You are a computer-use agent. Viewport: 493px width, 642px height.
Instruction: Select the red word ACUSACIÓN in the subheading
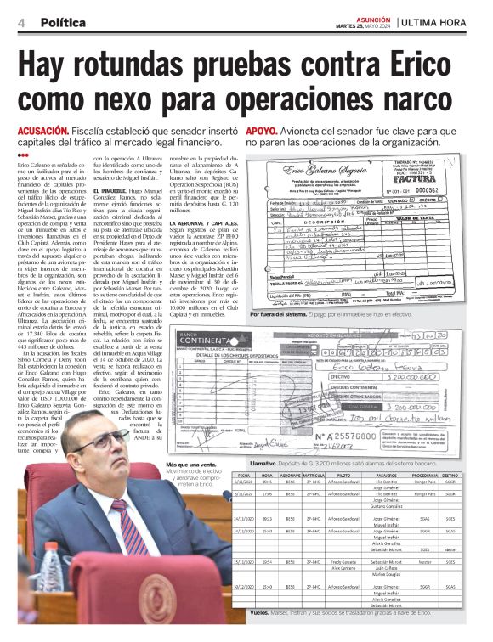coord(42,132)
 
